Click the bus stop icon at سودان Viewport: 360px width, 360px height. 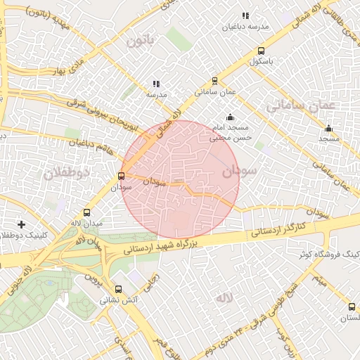(122, 176)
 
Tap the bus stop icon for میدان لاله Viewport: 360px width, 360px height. (87, 212)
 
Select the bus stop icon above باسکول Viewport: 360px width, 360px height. (261, 51)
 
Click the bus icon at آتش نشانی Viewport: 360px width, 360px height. (118, 289)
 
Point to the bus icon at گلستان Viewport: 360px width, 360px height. (352, 307)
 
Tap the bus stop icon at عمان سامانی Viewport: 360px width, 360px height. (214, 80)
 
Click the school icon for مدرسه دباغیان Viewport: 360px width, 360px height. (245, 15)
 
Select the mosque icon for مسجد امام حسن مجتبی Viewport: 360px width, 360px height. (230, 117)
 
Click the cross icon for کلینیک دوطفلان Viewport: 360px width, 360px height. (22, 224)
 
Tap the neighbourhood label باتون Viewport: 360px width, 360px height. (140, 42)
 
